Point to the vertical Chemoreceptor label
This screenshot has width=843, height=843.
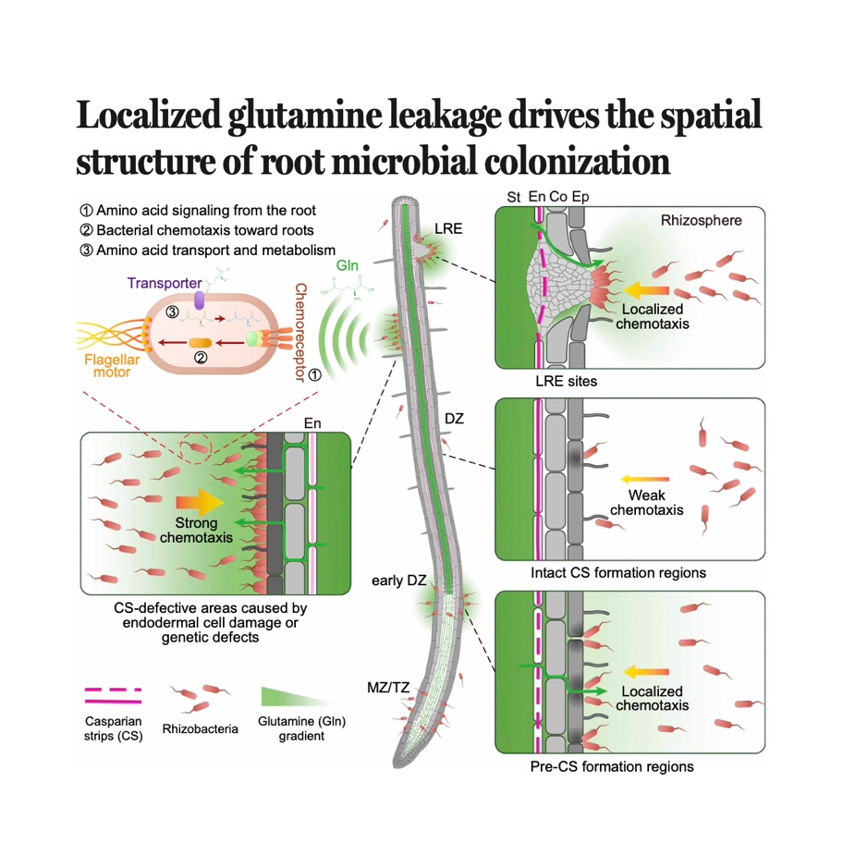(x=299, y=332)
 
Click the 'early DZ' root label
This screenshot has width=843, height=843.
(x=398, y=580)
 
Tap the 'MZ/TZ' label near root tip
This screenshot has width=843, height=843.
(x=388, y=686)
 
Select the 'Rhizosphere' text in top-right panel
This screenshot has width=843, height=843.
(x=701, y=221)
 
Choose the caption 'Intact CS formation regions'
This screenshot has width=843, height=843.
(x=618, y=573)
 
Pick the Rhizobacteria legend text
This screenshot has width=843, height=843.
(x=200, y=729)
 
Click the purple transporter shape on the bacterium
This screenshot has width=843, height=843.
(x=199, y=299)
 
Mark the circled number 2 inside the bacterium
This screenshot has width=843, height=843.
(x=201, y=359)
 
